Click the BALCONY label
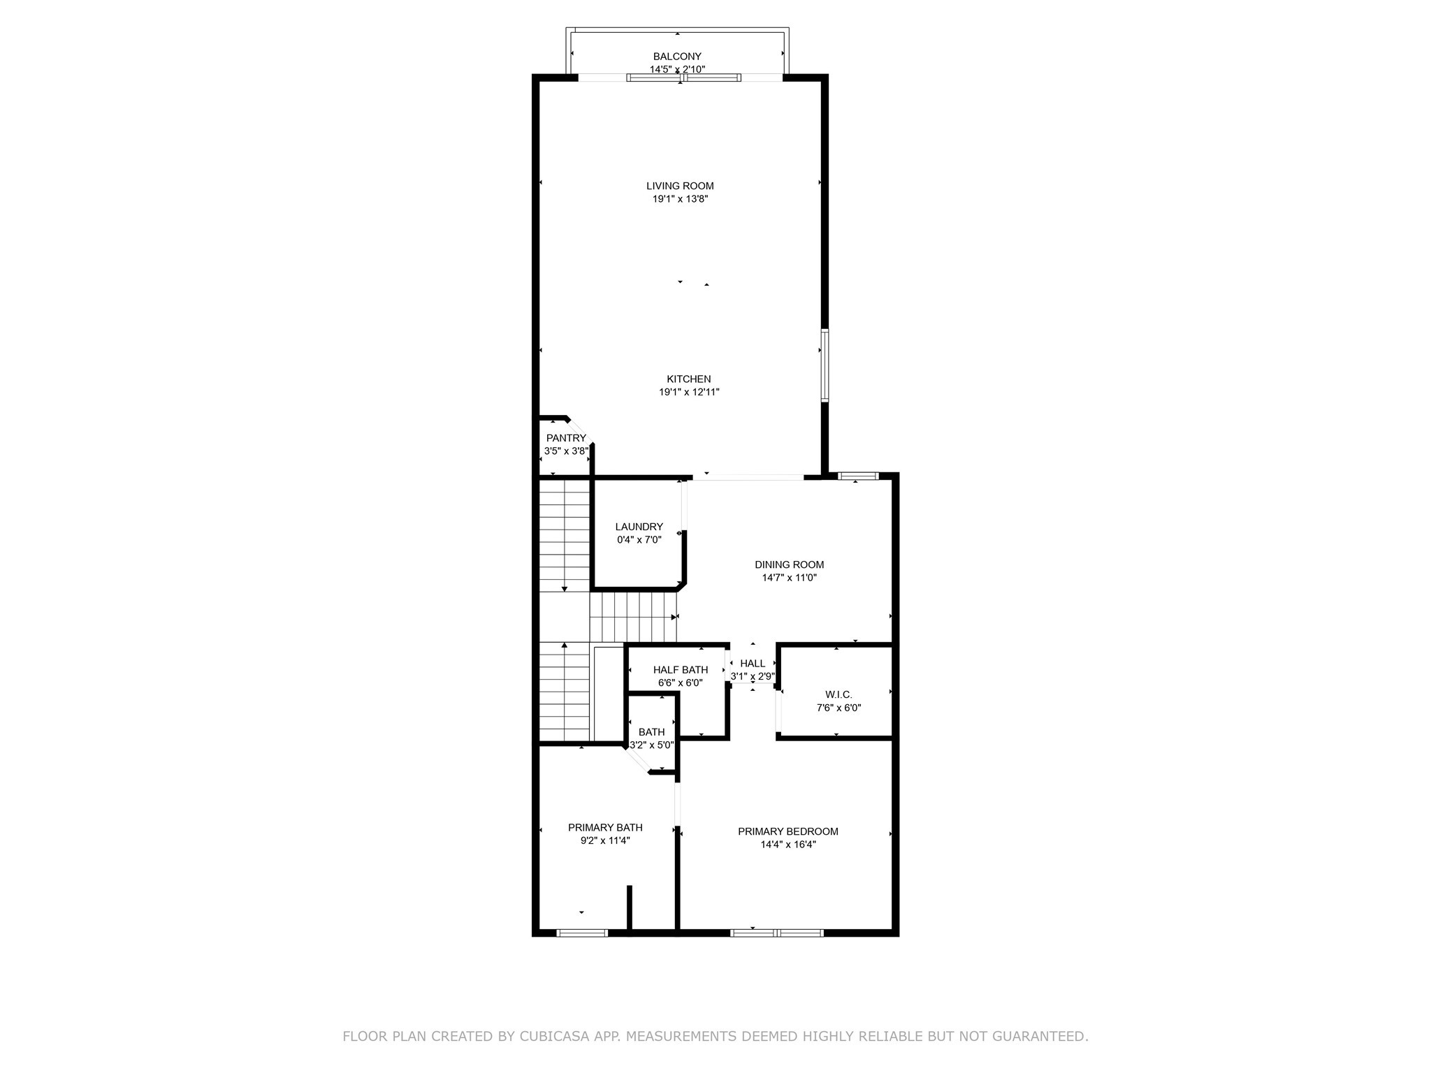(x=676, y=57)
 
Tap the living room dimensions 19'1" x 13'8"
(x=680, y=199)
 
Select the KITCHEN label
(x=688, y=379)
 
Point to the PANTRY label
(x=566, y=438)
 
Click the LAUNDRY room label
(x=639, y=527)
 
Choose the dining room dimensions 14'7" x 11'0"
(x=789, y=578)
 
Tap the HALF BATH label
(x=680, y=670)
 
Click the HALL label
(x=753, y=664)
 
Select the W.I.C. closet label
(x=838, y=694)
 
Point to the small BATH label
(x=651, y=732)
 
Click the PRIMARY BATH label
(x=605, y=828)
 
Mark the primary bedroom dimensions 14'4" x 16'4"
(x=788, y=845)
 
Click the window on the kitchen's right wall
(x=825, y=365)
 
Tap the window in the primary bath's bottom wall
(x=582, y=933)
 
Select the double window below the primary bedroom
(x=777, y=933)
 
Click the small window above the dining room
(x=857, y=476)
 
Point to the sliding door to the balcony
(x=683, y=78)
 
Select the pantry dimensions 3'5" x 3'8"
(x=566, y=451)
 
